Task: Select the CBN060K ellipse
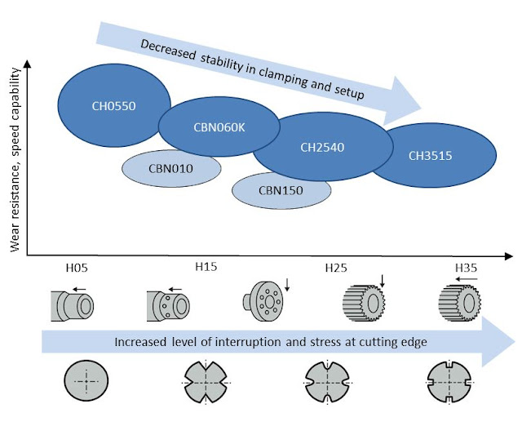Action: coord(213,126)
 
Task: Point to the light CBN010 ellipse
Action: coord(171,169)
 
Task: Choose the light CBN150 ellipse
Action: coord(281,190)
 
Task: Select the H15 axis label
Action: coord(205,268)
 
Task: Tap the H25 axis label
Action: coord(335,268)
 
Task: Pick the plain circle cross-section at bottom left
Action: coord(86,384)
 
